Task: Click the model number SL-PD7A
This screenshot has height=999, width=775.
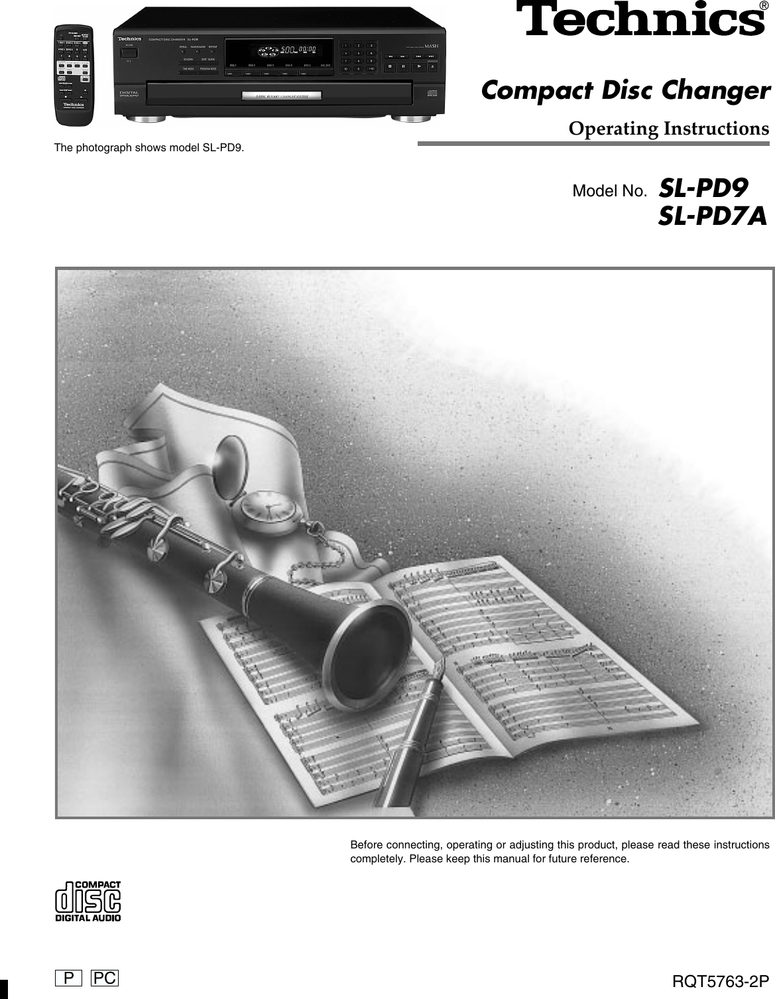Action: [713, 216]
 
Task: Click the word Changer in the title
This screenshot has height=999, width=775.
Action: [717, 90]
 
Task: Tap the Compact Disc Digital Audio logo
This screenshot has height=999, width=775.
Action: [88, 901]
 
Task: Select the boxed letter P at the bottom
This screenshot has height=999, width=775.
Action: [68, 978]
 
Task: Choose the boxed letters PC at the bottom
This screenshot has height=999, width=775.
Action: [105, 978]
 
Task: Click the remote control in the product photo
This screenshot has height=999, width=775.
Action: [74, 75]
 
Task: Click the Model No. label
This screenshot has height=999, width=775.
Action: [609, 192]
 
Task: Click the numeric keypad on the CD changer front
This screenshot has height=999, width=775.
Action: [358, 56]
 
